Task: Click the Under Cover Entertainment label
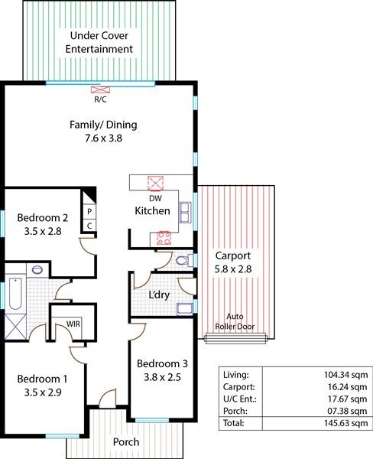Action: click(x=99, y=42)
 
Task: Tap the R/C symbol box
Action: click(x=100, y=90)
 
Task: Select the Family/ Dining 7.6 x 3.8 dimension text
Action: click(x=103, y=138)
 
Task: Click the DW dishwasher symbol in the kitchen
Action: click(x=155, y=184)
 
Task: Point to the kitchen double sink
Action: click(x=185, y=213)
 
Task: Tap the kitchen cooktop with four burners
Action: click(x=164, y=238)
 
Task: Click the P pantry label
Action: click(x=89, y=211)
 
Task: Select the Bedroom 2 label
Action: click(x=43, y=218)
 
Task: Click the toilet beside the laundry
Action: click(x=184, y=260)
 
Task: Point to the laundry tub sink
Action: click(x=185, y=309)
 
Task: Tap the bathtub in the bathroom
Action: click(x=15, y=294)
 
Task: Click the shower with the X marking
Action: click(x=15, y=327)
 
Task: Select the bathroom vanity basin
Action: click(x=37, y=269)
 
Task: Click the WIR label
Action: click(x=73, y=324)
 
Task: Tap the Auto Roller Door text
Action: click(x=235, y=321)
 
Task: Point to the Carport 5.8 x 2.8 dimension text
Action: click(x=233, y=269)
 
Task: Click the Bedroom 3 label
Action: click(x=162, y=363)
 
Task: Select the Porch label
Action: click(x=126, y=441)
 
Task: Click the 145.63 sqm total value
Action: click(x=345, y=423)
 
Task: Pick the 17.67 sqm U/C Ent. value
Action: click(x=347, y=399)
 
